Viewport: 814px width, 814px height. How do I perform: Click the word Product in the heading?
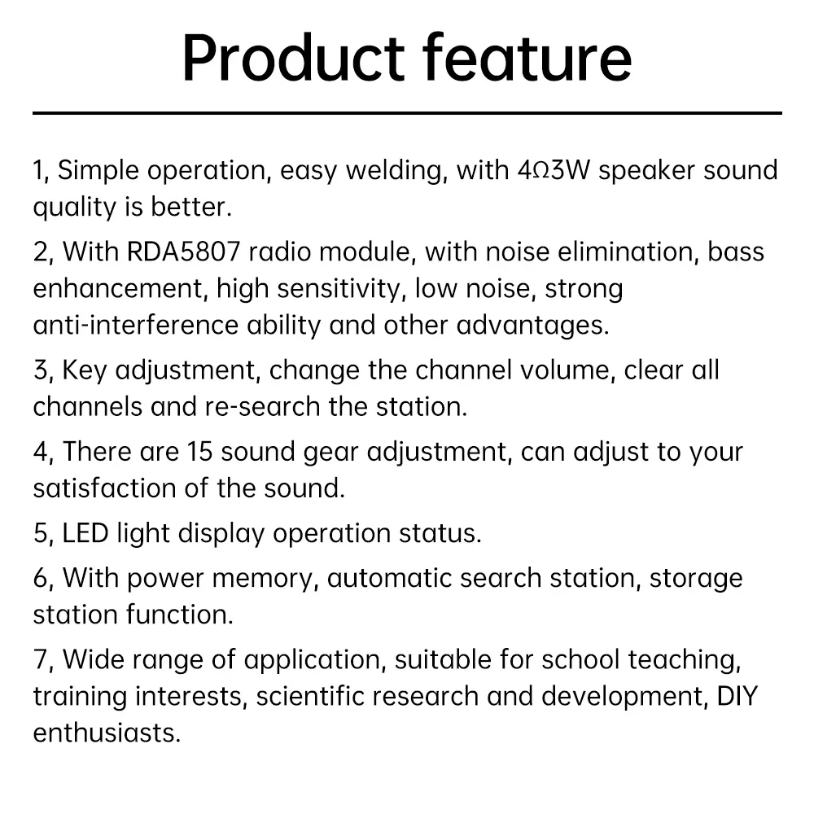(293, 57)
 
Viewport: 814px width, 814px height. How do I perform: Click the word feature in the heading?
(527, 57)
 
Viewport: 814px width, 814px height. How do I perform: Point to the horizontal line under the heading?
(407, 112)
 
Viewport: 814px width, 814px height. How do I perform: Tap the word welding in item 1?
(396, 171)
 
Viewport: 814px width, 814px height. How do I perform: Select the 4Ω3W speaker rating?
(554, 170)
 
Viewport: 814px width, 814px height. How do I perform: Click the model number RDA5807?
(183, 252)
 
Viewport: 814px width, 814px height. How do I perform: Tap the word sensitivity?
(340, 289)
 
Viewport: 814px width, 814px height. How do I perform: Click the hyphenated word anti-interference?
(136, 325)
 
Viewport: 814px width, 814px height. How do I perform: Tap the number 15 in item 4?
(200, 452)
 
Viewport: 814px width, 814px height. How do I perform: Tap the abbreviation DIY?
(737, 697)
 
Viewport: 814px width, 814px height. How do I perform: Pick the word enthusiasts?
(107, 733)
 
